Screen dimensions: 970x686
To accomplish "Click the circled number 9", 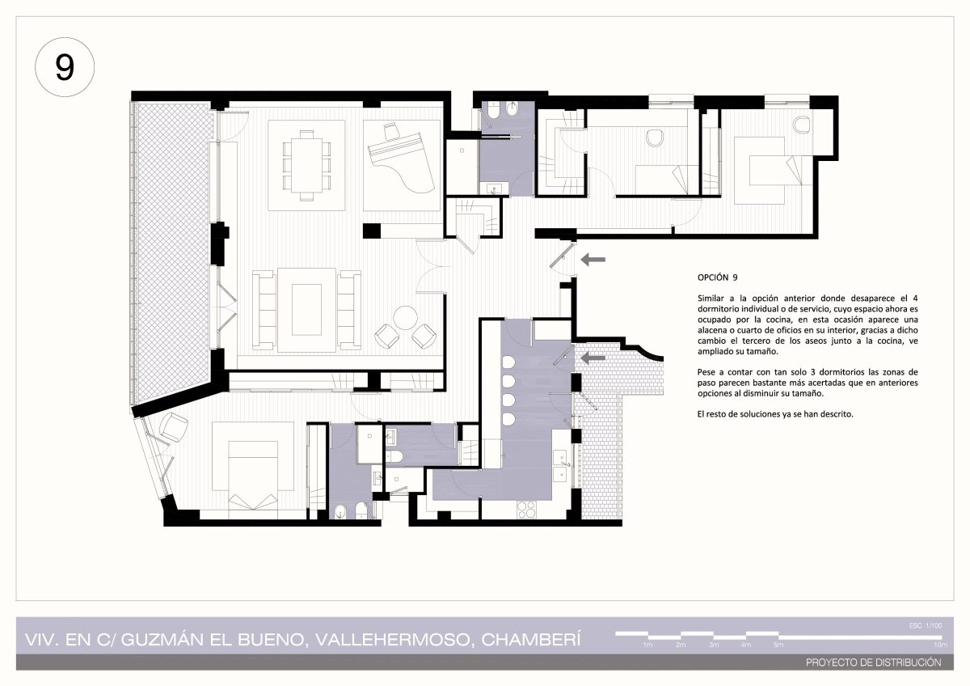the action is pos(65,67).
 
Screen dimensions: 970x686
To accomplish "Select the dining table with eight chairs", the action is pos(306,165).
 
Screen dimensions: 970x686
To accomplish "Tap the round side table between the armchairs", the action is pos(405,318).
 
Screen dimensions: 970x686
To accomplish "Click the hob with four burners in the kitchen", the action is pos(526,510).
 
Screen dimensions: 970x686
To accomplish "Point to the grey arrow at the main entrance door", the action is pos(593,260).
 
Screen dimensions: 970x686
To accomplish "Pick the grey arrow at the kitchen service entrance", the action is pos(593,358).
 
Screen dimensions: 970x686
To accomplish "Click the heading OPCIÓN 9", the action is pos(717,277).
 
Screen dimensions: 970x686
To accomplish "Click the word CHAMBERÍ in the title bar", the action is pos(531,640).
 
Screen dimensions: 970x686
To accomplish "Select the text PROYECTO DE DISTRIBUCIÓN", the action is pos(874,663).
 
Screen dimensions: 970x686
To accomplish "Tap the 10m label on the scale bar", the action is pos(941,645).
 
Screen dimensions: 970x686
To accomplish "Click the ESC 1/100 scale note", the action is pos(926,625).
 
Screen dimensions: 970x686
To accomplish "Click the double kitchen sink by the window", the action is pos(561,466).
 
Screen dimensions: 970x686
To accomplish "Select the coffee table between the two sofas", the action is pos(306,309).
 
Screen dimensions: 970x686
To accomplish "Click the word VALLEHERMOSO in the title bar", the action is pos(393,640).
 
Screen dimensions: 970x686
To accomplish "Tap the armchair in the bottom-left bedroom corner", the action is pos(173,426).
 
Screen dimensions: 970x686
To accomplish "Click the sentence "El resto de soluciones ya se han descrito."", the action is pos(775,414).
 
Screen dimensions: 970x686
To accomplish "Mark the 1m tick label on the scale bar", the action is pos(647,645).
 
